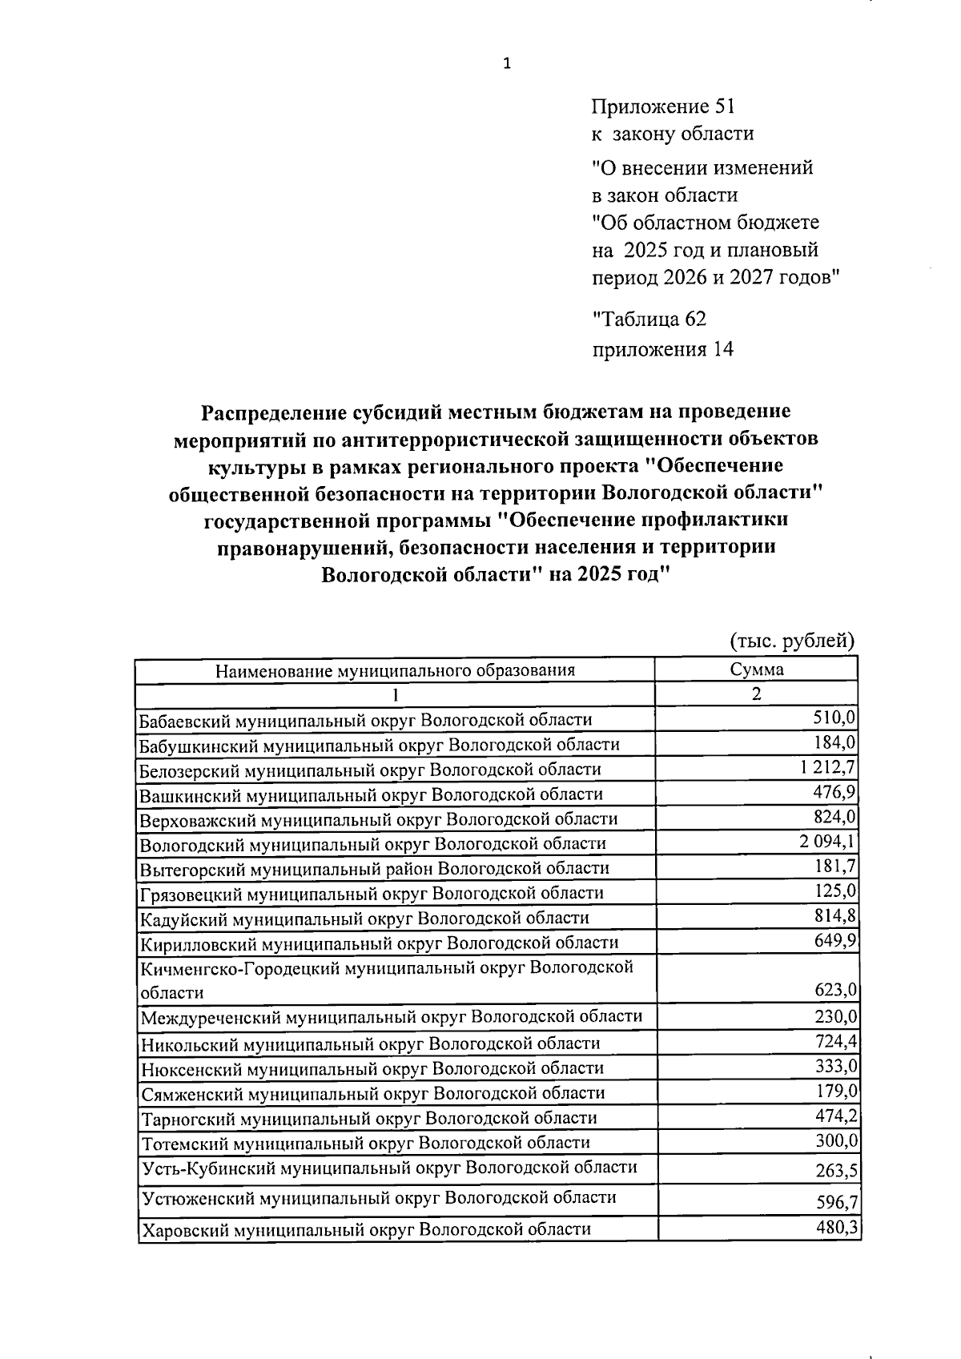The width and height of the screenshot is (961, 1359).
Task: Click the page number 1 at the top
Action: pos(506,65)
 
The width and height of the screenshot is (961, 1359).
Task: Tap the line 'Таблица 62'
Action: pos(649,320)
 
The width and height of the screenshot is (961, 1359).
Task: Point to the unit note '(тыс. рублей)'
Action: pos(793,641)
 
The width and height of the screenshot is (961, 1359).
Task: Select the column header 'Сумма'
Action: pos(756,669)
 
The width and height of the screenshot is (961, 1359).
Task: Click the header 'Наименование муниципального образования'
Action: pos(395,670)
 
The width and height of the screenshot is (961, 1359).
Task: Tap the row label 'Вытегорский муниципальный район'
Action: pos(374,868)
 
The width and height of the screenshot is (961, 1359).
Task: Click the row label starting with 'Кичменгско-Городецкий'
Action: pos(387,968)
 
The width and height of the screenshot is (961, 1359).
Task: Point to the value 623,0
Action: pos(835,991)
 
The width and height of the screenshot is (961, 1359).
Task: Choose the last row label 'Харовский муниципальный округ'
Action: pos(366,1229)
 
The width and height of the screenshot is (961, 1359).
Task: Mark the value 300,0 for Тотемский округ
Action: pos(836,1140)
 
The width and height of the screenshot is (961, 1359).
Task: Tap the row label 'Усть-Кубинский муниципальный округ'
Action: pos(389,1168)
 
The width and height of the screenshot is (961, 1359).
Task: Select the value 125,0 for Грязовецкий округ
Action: pos(835,891)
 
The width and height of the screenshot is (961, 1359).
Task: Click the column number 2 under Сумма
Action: pos(756,694)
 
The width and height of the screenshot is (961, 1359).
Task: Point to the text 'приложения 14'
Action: pos(662,350)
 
